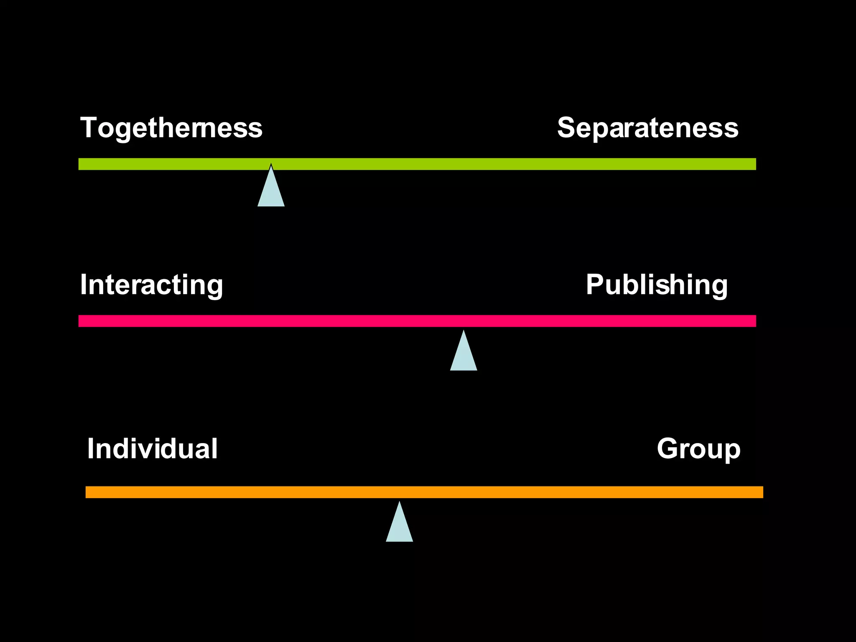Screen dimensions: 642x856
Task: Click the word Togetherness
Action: pos(171,128)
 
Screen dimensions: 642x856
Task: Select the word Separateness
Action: pos(647,128)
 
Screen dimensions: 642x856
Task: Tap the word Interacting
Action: pos(151,285)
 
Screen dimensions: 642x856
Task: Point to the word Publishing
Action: pos(657,285)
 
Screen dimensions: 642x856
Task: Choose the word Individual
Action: pos(152,448)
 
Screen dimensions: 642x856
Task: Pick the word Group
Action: pos(698,449)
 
